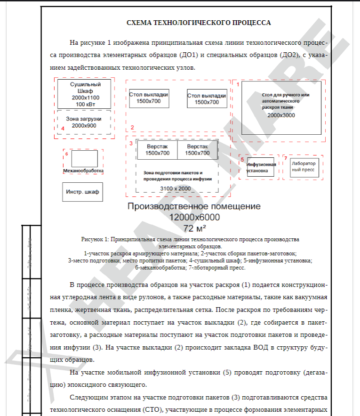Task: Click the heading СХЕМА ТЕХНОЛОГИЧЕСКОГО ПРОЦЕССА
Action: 199,23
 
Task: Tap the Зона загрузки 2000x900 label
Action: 84,122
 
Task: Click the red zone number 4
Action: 63,128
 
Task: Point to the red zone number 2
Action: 133,127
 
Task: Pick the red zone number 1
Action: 238,85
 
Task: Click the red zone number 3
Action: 131,143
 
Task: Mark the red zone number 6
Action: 66,154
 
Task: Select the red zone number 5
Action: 242,160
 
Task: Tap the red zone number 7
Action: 285,158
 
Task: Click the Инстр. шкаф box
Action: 83,192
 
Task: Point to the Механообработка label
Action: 83,171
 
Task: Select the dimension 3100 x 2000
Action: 175,188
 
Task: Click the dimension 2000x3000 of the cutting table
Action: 281,115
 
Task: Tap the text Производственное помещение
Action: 194,206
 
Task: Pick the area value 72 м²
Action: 194,228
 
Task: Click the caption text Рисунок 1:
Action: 95,239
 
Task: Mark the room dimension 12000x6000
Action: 194,217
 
